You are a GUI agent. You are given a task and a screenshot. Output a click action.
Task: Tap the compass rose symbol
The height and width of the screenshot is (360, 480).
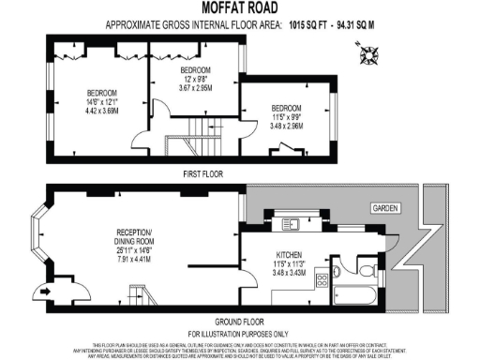pos(368,57)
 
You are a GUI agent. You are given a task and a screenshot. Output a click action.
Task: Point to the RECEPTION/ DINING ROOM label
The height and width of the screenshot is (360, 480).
pos(139,236)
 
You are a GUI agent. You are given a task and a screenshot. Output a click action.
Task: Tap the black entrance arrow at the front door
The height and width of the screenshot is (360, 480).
pos(41,291)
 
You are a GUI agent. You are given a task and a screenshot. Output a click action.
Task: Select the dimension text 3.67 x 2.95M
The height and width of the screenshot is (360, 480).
pos(196,88)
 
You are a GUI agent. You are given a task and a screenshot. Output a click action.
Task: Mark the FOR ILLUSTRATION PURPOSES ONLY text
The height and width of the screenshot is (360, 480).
pos(240,334)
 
